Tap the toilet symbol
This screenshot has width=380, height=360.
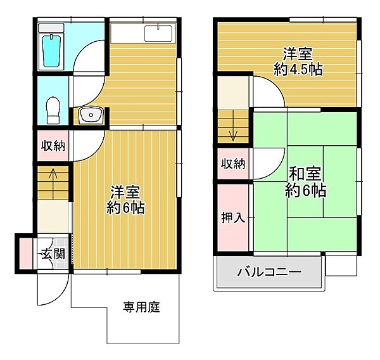(x=54, y=110)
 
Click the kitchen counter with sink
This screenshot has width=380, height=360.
(x=144, y=34)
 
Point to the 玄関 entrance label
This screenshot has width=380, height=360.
(x=53, y=254)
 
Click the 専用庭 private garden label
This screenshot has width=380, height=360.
(x=141, y=308)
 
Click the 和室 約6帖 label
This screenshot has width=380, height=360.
(x=307, y=181)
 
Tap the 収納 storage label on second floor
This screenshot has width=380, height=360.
(x=233, y=164)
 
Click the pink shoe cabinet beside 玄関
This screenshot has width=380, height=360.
(x=25, y=253)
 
